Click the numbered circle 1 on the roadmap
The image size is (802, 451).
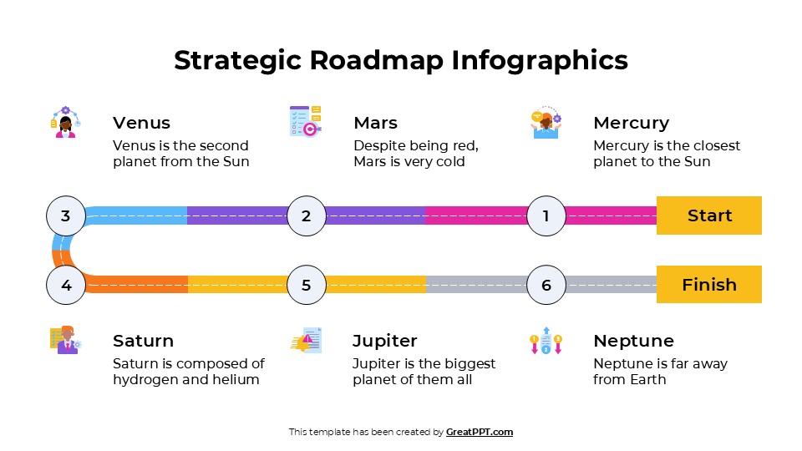click(546, 216)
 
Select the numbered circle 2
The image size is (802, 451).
click(307, 216)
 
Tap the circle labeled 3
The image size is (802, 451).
click(66, 216)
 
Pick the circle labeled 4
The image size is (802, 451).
click(66, 285)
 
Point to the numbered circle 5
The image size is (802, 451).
click(307, 285)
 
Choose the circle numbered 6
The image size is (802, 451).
click(546, 285)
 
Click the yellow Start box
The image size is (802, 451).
click(709, 215)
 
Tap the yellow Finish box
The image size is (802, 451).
click(709, 285)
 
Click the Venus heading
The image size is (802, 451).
click(141, 123)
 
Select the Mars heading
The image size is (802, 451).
click(375, 123)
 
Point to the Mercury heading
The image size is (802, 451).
click(631, 123)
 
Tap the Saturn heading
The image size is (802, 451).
click(143, 341)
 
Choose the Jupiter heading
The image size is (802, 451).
click(384, 341)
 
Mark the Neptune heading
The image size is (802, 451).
click(633, 341)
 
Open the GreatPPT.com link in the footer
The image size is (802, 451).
click(480, 432)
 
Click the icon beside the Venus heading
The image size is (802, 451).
click(64, 122)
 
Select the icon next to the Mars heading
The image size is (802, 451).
click(305, 121)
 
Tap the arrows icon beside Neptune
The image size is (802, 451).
click(546, 340)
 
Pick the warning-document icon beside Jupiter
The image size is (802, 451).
click(306, 340)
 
